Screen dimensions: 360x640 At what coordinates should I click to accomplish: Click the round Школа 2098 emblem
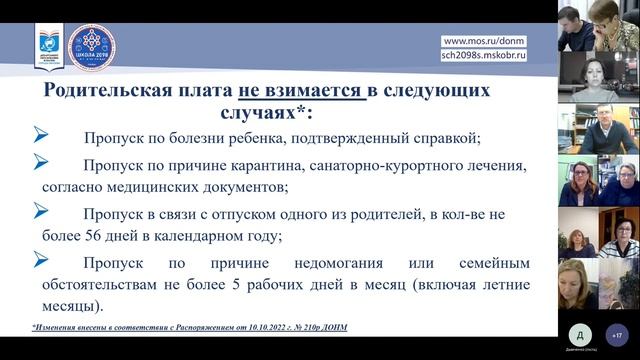pyautogui.click(x=91, y=47)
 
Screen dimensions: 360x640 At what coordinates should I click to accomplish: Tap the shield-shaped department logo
pyautogui.click(x=49, y=47)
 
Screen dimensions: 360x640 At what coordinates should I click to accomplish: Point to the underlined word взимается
pyautogui.click(x=312, y=90)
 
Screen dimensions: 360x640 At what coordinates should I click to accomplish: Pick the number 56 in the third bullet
pyautogui.click(x=87, y=236)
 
